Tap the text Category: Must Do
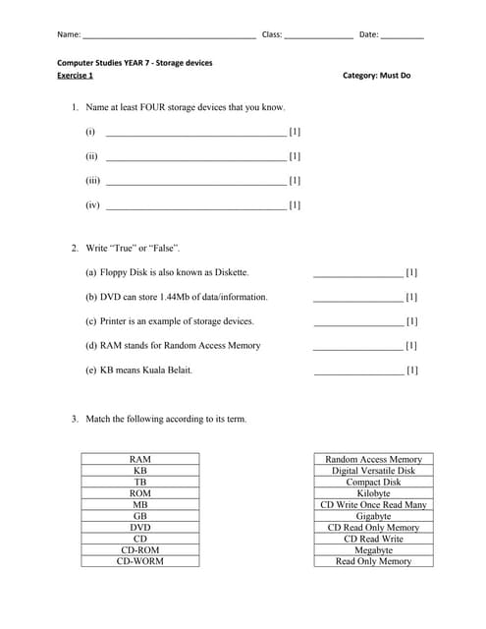click(x=377, y=76)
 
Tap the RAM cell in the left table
click(x=140, y=459)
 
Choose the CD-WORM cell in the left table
click(x=140, y=562)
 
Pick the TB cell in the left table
click(x=140, y=482)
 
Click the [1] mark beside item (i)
click(x=295, y=132)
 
